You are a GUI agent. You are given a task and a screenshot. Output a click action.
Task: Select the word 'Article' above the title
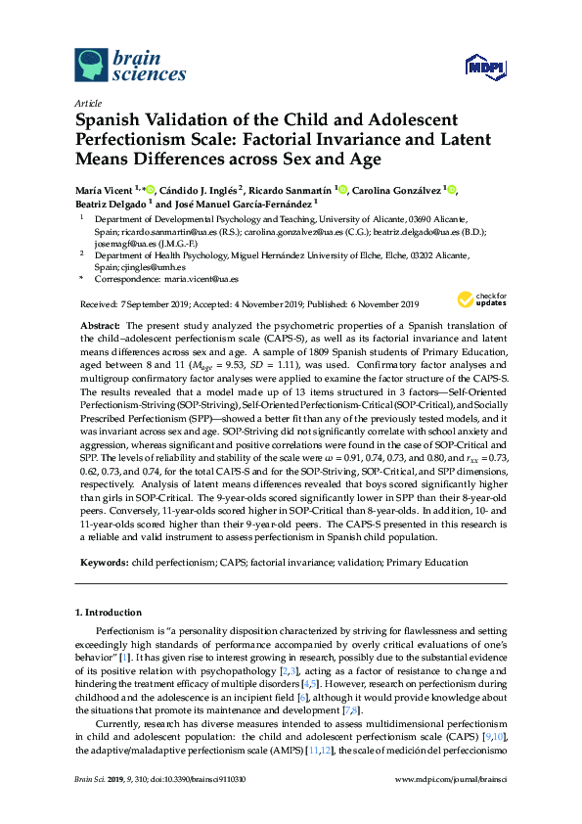[88, 102]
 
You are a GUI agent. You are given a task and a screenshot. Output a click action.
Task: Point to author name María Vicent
[107, 190]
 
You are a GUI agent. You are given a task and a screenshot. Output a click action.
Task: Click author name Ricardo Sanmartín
[292, 190]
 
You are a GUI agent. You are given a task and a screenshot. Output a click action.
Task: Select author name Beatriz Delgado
[110, 205]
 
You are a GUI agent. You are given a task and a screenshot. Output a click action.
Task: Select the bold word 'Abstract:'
[100, 323]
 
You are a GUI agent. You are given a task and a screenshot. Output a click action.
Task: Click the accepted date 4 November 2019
[271, 304]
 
